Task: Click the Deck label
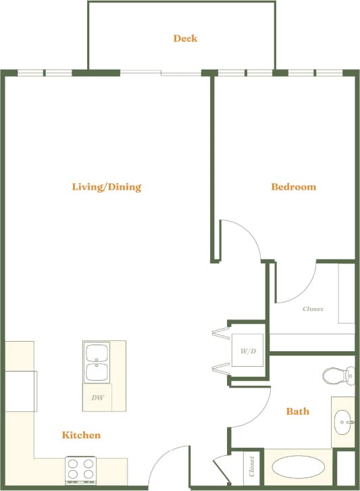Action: click(x=185, y=38)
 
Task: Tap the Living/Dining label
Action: click(x=107, y=187)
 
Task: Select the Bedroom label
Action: click(x=293, y=187)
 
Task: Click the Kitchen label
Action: click(x=81, y=435)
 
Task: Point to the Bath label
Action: click(x=297, y=411)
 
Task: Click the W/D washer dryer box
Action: click(x=247, y=352)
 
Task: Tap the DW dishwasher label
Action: click(x=98, y=398)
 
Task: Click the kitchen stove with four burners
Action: click(x=82, y=469)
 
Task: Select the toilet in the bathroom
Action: click(x=337, y=375)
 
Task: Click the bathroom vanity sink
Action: click(x=343, y=422)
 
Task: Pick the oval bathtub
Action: click(x=299, y=468)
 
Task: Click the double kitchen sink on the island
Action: click(x=97, y=363)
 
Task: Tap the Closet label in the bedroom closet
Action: click(x=313, y=309)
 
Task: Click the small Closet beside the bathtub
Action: click(x=251, y=466)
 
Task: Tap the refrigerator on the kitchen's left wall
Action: click(x=21, y=390)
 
